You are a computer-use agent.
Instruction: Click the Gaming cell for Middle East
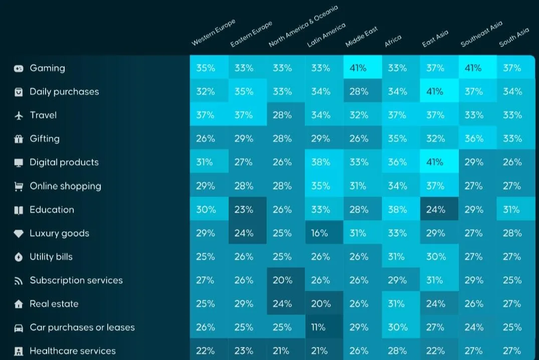pos(359,68)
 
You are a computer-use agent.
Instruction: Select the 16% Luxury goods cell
pos(320,233)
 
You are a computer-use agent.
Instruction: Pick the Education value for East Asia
pos(436,210)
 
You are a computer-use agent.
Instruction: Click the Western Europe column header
pos(213,33)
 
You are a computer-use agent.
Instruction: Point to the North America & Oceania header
pos(303,26)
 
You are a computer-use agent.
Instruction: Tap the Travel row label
pos(43,115)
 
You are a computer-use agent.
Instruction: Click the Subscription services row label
pos(76,280)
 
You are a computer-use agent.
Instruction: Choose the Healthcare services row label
pos(73,351)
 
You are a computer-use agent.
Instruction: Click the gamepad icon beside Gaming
pos(19,68)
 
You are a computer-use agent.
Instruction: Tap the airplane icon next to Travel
pos(19,115)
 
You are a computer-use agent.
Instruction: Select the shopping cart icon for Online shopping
pos(19,187)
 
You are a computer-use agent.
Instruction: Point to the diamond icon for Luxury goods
pos(19,234)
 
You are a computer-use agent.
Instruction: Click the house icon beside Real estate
pos(19,304)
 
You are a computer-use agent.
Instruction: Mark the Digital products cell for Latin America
pos(320,162)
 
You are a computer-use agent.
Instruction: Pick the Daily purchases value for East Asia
pos(436,92)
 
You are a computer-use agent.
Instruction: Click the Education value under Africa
pos(397,210)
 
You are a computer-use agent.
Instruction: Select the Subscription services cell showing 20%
pos(282,280)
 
